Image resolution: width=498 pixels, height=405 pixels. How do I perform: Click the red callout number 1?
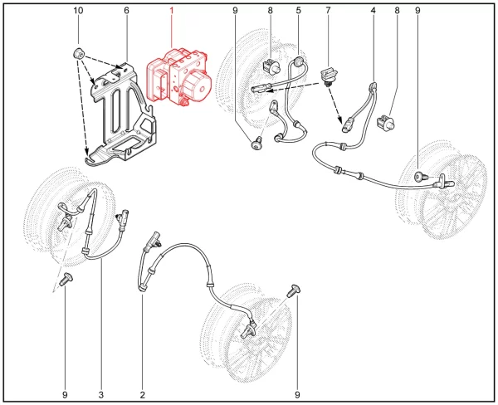[172, 11]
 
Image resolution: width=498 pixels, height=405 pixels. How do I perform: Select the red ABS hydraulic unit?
[178, 77]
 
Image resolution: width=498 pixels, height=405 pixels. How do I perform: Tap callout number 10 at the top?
[78, 11]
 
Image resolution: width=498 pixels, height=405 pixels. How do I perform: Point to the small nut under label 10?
[78, 53]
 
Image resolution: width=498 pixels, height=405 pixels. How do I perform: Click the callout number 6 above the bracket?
[126, 11]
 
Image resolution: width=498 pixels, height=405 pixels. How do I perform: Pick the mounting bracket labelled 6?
[122, 115]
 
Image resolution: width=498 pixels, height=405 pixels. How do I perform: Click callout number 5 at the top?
[298, 11]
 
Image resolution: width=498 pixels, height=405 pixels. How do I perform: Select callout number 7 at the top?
[328, 11]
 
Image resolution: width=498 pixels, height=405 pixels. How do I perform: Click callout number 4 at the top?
[373, 11]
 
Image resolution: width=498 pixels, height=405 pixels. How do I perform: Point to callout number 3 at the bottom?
[101, 395]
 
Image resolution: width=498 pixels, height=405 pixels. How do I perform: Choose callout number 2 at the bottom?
[142, 395]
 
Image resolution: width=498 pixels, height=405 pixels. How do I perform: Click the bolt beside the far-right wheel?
[420, 176]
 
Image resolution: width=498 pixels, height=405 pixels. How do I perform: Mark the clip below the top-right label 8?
[386, 123]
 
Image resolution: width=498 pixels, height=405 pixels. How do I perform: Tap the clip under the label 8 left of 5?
[271, 66]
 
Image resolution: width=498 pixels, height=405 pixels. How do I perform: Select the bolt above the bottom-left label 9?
[67, 279]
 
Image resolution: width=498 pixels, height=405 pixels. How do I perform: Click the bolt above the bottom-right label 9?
[294, 290]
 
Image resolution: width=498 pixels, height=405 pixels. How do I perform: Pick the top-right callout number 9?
[417, 11]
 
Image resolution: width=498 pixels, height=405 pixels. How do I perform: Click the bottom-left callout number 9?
[65, 395]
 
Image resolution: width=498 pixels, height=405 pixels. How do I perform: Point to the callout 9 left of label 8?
[235, 11]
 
